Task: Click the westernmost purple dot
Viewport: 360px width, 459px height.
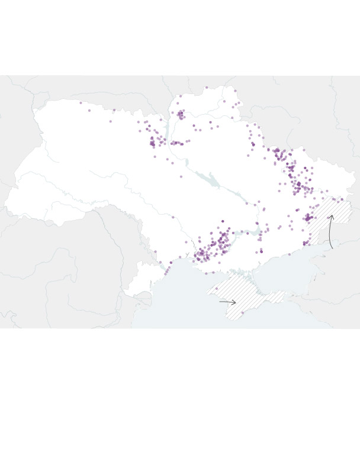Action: pyautogui.click(x=81, y=103)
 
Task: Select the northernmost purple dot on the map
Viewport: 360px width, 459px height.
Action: pyautogui.click(x=207, y=88)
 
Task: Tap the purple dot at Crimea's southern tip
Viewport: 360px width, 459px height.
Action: pyautogui.click(x=242, y=313)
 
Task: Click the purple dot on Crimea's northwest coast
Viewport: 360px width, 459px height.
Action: pyautogui.click(x=214, y=273)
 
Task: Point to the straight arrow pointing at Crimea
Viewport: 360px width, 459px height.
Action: pyautogui.click(x=227, y=302)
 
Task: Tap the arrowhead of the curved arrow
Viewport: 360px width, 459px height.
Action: pyautogui.click(x=331, y=216)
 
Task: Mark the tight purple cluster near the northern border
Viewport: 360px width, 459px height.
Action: pyautogui.click(x=181, y=114)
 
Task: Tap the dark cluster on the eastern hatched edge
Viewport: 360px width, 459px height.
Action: pyautogui.click(x=308, y=218)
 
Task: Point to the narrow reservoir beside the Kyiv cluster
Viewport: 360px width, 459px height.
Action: pyautogui.click(x=168, y=127)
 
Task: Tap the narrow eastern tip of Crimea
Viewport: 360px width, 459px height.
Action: pyautogui.click(x=278, y=293)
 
